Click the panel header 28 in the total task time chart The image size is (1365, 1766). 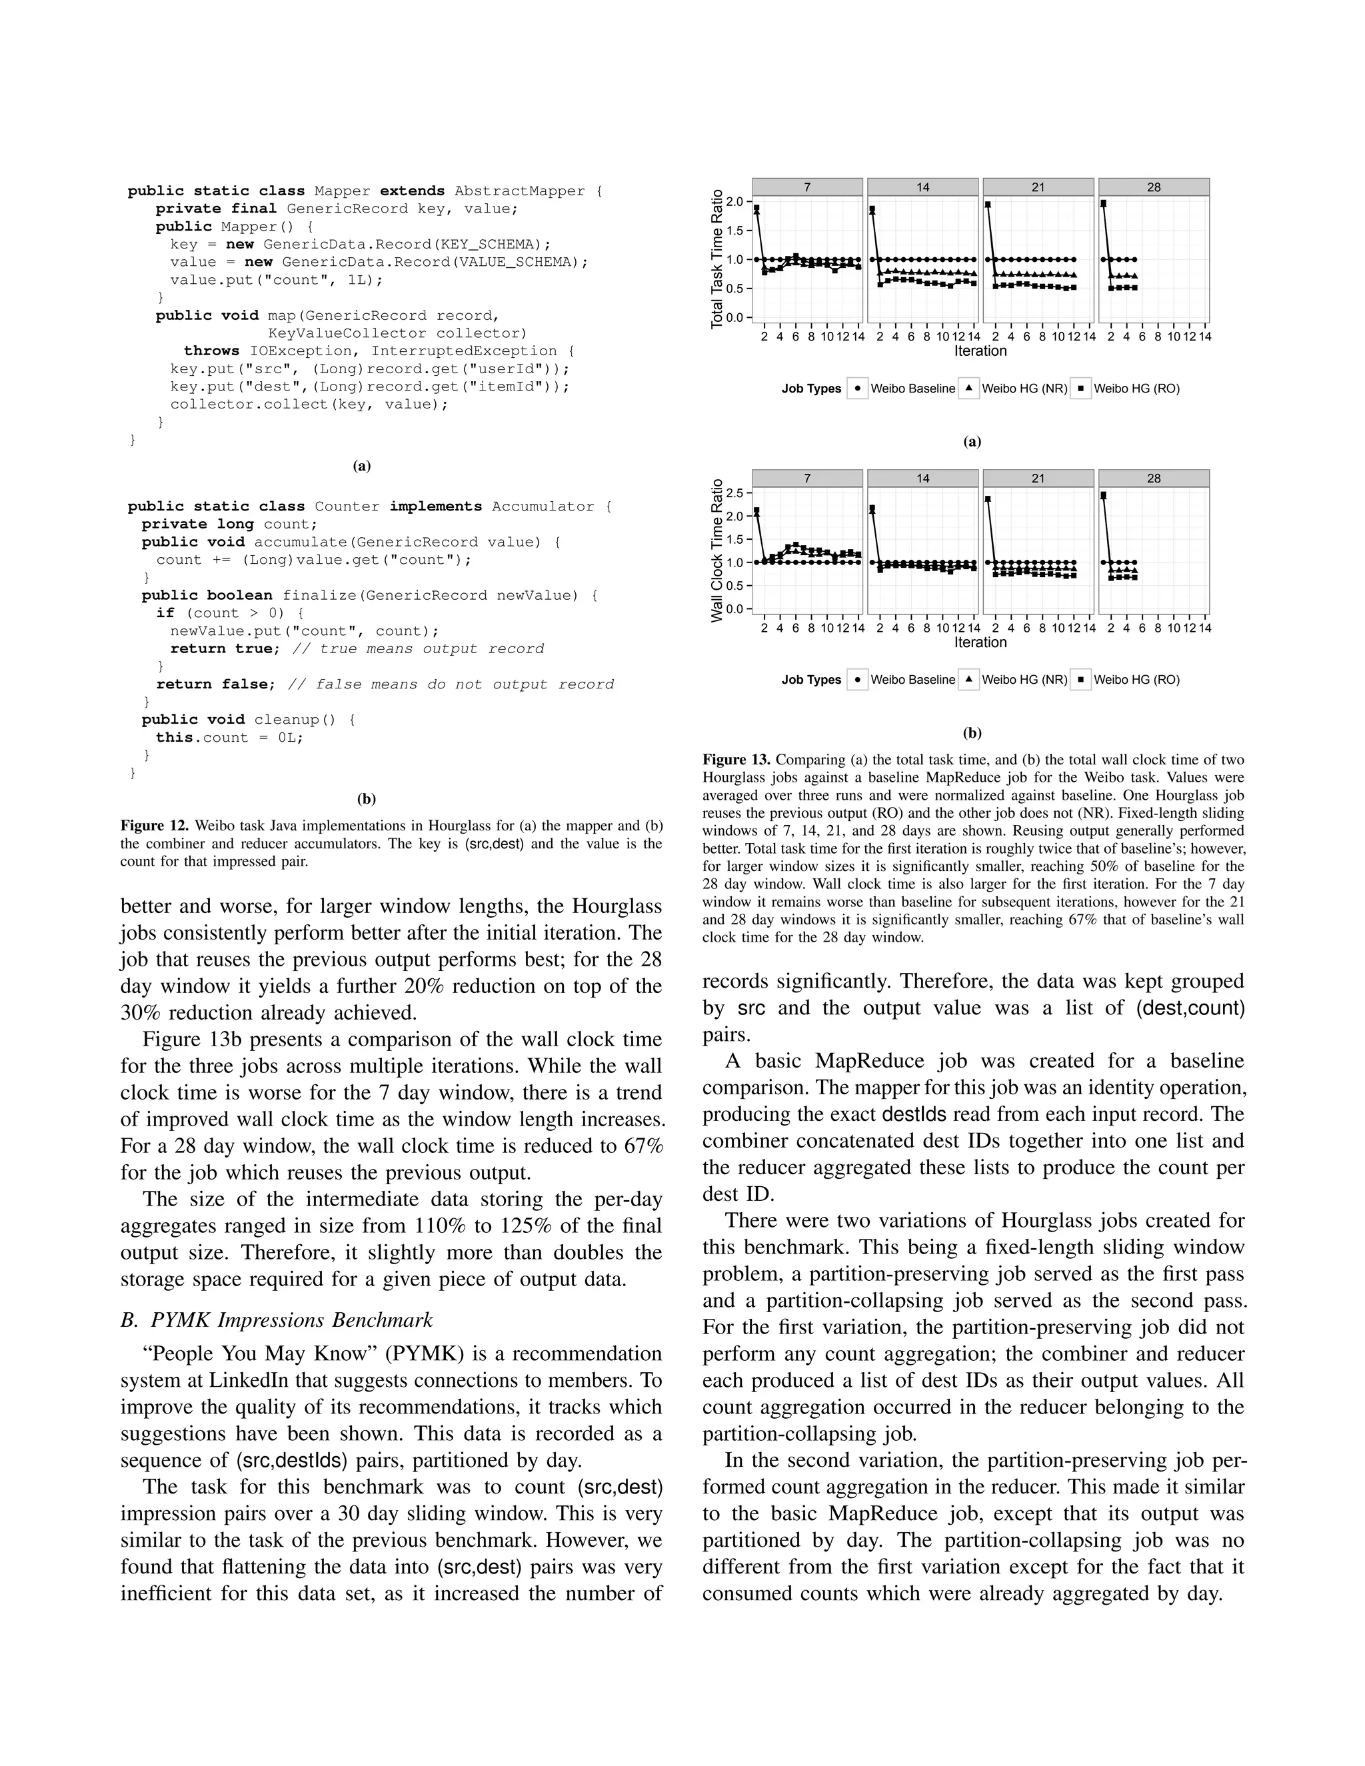pos(1153,187)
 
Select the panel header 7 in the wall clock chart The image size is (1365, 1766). pos(807,478)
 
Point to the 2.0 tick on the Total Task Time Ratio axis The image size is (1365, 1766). pos(735,201)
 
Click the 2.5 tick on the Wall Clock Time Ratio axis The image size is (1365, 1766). pos(735,492)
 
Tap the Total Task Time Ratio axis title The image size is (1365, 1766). pos(716,259)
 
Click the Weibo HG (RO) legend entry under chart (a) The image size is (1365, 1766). pos(1135,388)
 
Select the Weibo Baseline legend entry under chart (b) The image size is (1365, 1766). pos(912,679)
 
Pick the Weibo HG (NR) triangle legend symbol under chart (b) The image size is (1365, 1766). pos(968,679)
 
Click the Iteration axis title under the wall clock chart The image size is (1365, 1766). pos(980,642)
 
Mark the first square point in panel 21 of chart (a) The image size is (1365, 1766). pos(988,205)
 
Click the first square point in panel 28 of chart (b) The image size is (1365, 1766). pos(1104,496)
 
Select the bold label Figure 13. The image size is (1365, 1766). pos(736,759)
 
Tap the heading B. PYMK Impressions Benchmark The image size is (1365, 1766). pos(277,1320)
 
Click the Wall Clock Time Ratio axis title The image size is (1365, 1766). pos(716,550)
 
